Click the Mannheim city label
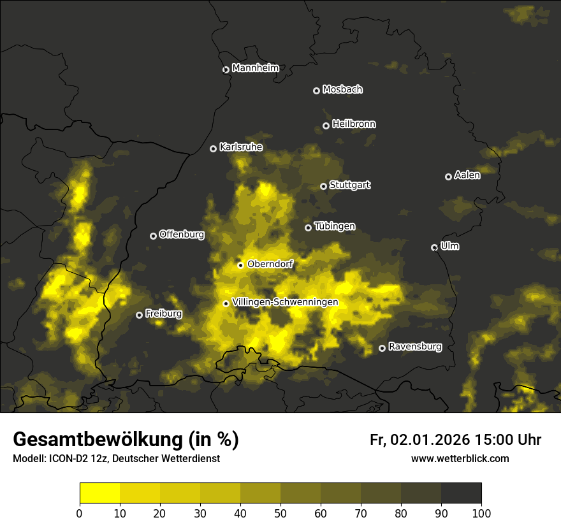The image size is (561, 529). coord(255,68)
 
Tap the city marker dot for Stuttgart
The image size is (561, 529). coord(323,186)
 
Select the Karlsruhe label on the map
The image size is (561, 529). coord(240,147)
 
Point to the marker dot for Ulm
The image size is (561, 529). coord(434,247)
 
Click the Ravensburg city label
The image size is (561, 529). coord(414,347)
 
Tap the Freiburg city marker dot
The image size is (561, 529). coord(139,315)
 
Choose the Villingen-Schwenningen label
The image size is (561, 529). coord(285,302)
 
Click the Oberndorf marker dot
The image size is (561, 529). coord(240,265)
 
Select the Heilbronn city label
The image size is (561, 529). coord(354,124)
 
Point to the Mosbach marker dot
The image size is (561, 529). coord(316,91)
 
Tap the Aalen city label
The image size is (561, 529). coord(467,175)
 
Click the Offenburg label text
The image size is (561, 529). coord(181,235)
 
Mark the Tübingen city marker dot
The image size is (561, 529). coord(308,228)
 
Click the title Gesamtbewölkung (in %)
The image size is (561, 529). coord(126,440)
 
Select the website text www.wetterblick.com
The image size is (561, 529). coord(460,458)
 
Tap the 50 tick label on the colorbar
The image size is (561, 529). coord(280,513)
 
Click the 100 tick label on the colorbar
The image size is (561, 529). coord(481,513)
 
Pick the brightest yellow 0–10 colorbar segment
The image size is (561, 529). coord(100,493)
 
